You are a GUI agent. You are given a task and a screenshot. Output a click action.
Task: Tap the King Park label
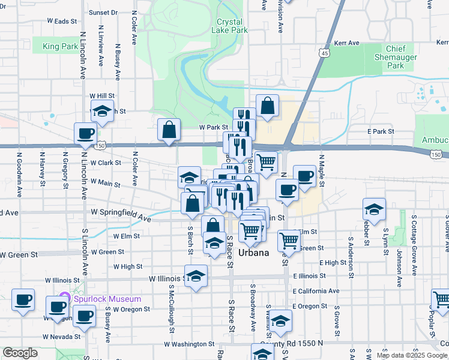(60, 46)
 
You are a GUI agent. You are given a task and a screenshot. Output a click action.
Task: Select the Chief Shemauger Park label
(396, 57)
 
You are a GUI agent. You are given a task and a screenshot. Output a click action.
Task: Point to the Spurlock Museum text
(107, 299)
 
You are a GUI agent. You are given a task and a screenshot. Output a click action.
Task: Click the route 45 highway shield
(325, 53)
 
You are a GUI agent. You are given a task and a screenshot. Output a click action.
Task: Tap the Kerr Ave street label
(346, 43)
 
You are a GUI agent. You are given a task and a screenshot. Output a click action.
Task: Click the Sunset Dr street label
(103, 12)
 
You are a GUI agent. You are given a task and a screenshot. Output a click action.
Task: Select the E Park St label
(380, 131)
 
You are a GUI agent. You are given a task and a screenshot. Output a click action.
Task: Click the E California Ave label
(316, 291)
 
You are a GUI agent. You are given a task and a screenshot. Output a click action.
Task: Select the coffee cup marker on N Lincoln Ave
(85, 134)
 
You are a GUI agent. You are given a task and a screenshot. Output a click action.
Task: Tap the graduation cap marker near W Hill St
(102, 112)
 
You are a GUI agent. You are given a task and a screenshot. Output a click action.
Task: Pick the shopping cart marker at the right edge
(441, 300)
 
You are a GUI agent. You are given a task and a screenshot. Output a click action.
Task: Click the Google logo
(20, 353)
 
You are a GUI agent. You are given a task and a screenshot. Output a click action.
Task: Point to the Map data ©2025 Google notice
(411, 355)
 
